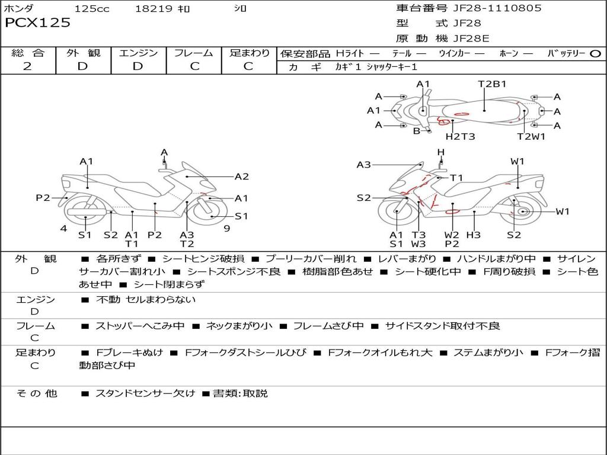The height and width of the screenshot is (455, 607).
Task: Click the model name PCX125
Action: point(37,23)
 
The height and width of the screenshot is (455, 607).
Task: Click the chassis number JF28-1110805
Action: point(488,8)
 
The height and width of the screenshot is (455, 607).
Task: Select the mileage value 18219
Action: point(154,9)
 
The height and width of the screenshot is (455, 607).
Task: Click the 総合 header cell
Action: point(28,53)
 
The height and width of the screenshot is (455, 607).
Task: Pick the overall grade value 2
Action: point(27,66)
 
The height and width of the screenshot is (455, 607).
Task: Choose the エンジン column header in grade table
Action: point(138,53)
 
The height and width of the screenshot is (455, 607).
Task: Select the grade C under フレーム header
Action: point(194,66)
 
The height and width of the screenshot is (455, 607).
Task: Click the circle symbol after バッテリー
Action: point(596,53)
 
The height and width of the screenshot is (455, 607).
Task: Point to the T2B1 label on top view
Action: point(492,84)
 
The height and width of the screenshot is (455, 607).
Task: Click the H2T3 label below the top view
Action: point(460,137)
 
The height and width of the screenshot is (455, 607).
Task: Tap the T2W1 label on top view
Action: point(531,137)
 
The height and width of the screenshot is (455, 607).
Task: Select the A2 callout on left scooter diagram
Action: point(241,176)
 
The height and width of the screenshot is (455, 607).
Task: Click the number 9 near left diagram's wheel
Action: point(226,229)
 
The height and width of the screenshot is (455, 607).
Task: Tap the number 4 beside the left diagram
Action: point(63,229)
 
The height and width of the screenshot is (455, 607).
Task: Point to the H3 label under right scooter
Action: point(473,235)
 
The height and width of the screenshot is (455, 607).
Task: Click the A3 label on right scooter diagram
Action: point(363,165)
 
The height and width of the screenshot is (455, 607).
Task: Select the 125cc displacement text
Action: point(92,9)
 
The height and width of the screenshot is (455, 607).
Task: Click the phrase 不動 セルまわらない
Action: point(145,300)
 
